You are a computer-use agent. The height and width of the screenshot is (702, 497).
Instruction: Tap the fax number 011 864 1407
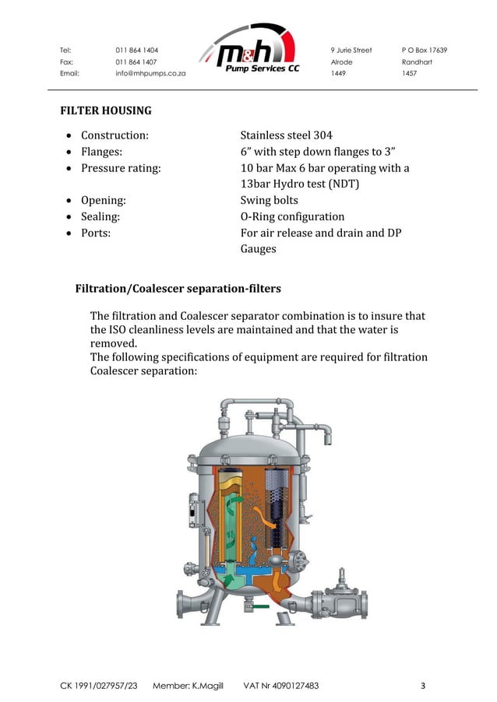(x=136, y=61)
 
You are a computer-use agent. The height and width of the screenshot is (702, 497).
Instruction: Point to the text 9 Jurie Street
(x=351, y=51)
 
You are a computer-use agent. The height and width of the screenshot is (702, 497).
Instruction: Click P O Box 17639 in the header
(x=424, y=51)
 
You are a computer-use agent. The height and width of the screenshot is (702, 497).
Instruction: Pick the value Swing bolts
(x=269, y=200)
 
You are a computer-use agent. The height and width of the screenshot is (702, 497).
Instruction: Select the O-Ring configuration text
(x=292, y=216)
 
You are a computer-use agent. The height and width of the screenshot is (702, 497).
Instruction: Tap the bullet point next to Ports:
(x=70, y=233)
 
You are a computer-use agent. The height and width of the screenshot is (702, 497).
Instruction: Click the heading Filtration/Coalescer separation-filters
(x=178, y=290)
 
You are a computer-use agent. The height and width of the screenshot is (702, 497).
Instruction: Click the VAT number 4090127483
(x=294, y=686)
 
